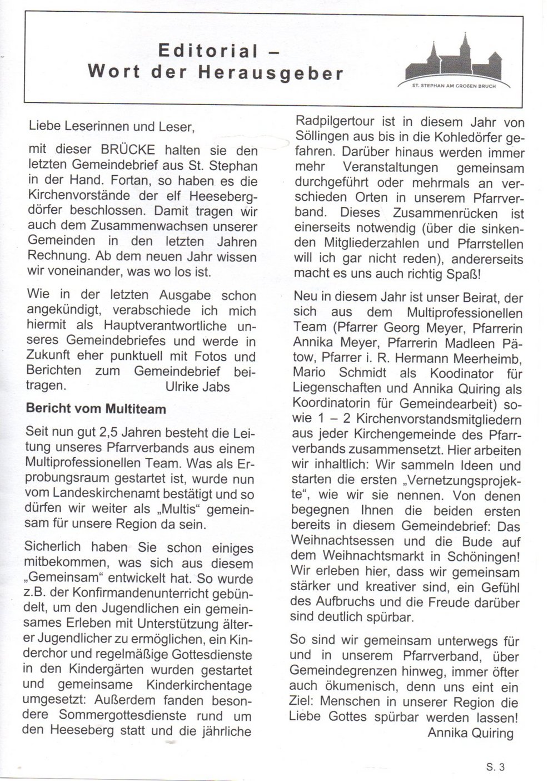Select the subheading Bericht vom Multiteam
[x=96, y=409]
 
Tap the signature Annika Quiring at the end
[x=470, y=733]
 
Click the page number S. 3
[x=495, y=768]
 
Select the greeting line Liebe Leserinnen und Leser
[x=111, y=126]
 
